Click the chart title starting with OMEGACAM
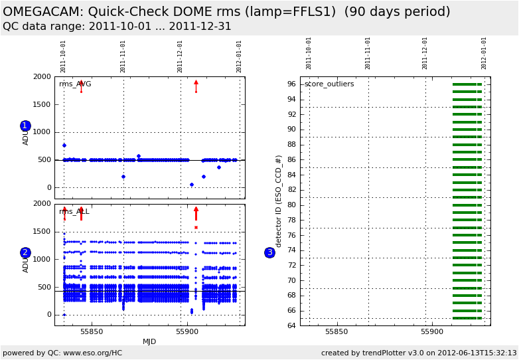(x=226, y=12)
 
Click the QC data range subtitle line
(x=117, y=27)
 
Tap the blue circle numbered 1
(x=25, y=126)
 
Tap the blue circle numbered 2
(x=25, y=252)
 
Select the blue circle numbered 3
(x=269, y=252)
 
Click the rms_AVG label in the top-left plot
(x=75, y=84)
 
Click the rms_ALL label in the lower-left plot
(x=74, y=212)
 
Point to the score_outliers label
(x=329, y=84)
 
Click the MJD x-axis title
(x=149, y=341)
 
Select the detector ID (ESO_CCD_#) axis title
(x=279, y=201)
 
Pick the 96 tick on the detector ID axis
(x=291, y=84)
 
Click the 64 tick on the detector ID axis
(x=291, y=325)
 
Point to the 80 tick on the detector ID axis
(x=291, y=205)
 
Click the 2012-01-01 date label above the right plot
(x=484, y=53)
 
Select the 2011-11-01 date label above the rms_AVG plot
(x=123, y=56)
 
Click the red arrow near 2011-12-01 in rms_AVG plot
(x=196, y=86)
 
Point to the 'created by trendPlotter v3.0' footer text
(x=419, y=353)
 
